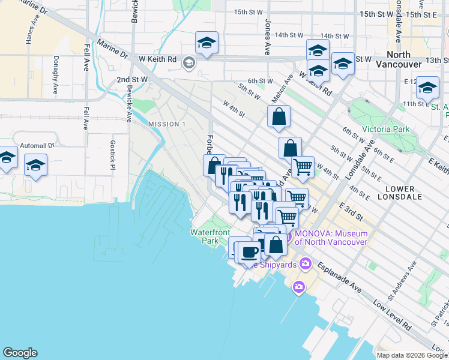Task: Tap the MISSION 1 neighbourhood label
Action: tap(166, 124)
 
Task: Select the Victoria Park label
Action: tap(385, 129)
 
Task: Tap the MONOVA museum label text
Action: tap(329, 238)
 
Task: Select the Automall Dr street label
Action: tap(37, 145)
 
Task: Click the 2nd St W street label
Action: tap(132, 79)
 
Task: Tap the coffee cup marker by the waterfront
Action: tap(249, 251)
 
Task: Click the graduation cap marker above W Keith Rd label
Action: tap(206, 43)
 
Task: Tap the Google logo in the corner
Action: tap(20, 353)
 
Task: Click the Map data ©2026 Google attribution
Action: tap(412, 355)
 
